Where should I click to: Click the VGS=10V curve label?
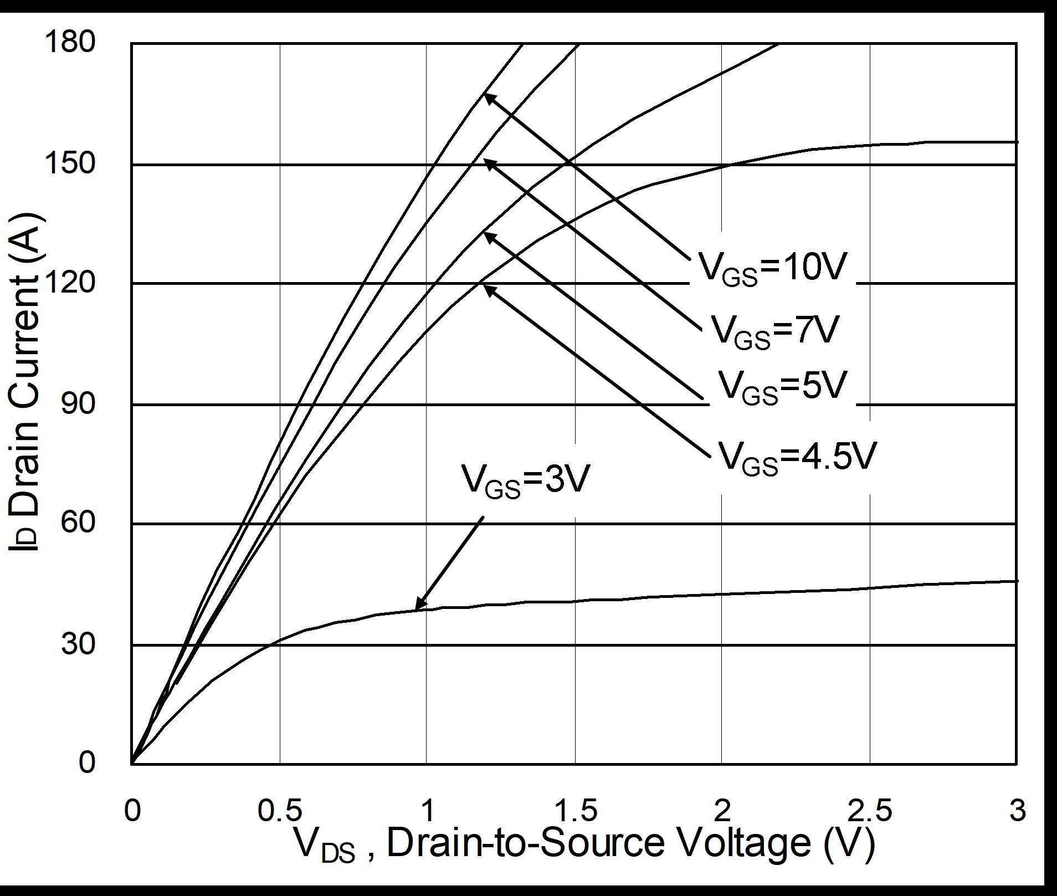(773, 268)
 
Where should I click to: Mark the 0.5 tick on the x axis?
(280, 811)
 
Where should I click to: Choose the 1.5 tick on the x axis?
(575, 811)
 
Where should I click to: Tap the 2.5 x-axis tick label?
(870, 811)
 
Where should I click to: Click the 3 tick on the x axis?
(1017, 811)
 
